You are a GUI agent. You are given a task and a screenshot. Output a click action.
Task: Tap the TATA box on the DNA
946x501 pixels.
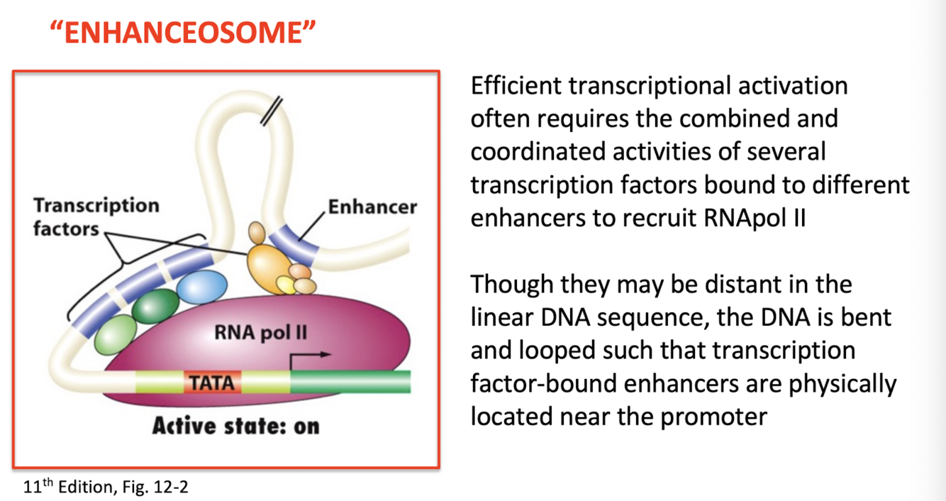212,382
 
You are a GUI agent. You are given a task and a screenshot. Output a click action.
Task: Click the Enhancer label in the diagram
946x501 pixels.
372,207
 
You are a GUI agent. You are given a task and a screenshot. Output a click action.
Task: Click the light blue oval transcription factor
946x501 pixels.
201,287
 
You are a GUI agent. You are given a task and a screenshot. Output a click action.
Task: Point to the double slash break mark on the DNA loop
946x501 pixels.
272,113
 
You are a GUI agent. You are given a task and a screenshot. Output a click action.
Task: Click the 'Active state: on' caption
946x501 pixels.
236,426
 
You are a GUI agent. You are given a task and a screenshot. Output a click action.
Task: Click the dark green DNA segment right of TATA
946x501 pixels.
350,382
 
